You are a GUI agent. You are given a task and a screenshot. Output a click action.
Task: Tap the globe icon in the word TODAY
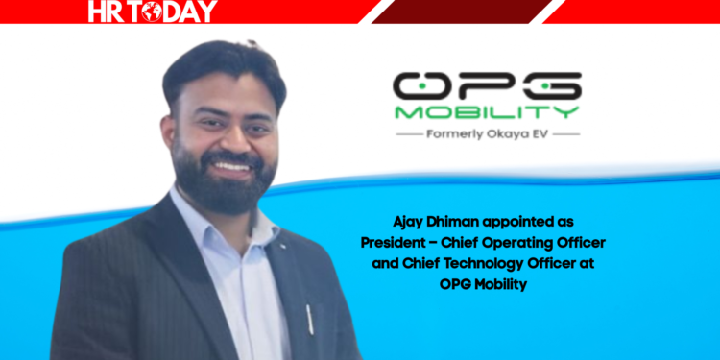(154, 12)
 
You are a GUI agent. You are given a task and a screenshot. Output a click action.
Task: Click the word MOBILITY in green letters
(486, 112)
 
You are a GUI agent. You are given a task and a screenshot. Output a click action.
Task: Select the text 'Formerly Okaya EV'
(488, 135)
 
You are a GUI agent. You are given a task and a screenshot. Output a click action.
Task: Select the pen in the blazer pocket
(309, 317)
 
